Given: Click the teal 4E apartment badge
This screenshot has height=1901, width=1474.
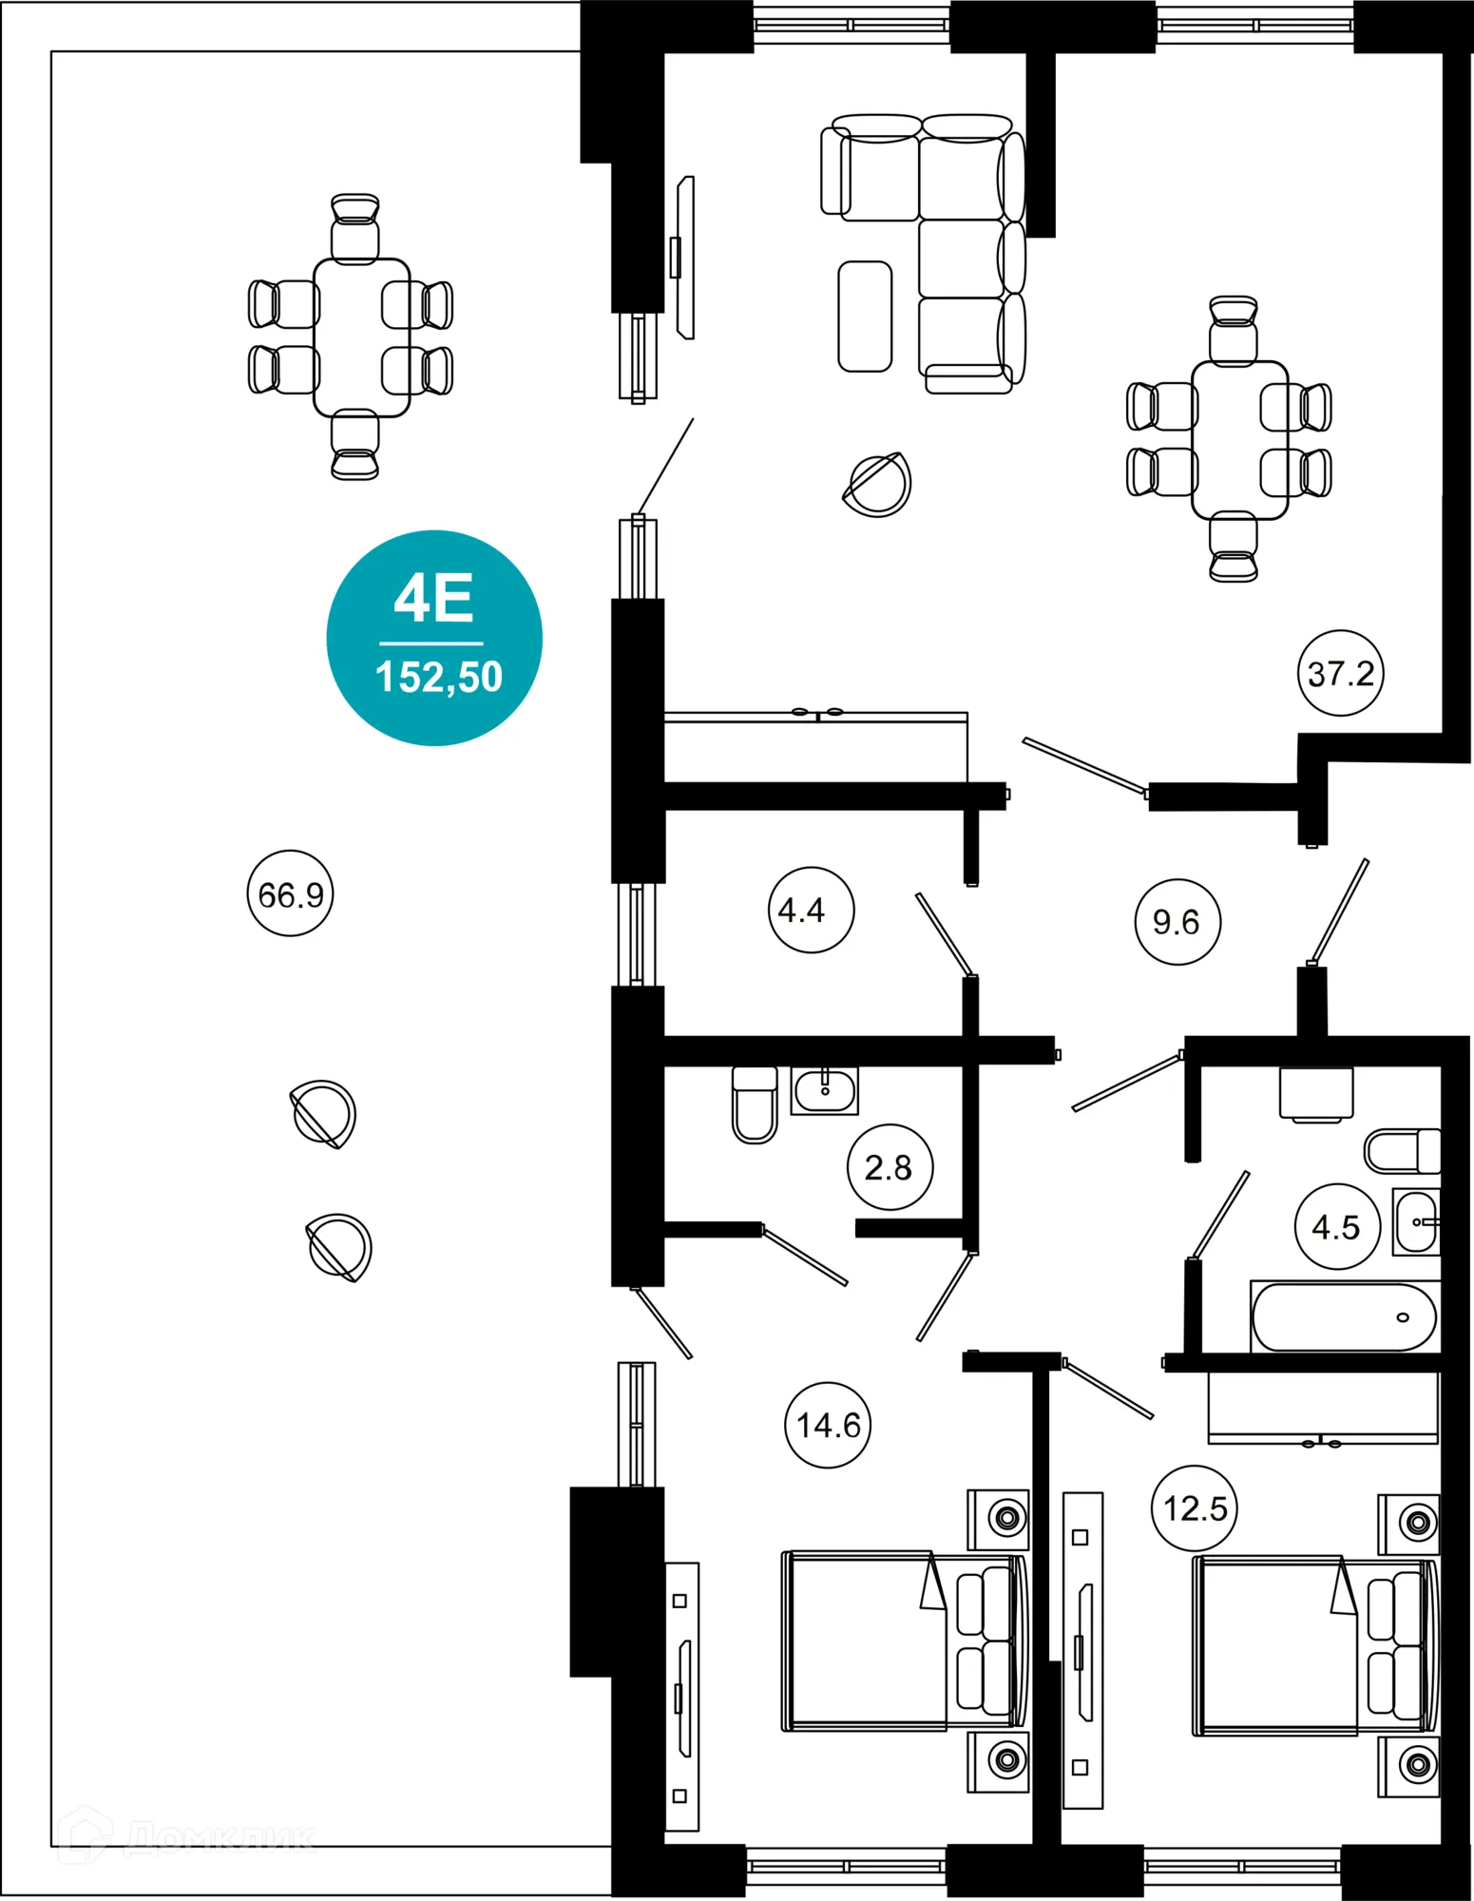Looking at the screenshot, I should pyautogui.click(x=434, y=638).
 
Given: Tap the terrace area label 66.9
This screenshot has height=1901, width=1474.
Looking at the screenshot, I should pyautogui.click(x=290, y=893).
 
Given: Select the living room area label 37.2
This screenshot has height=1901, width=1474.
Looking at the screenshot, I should pyautogui.click(x=1340, y=673).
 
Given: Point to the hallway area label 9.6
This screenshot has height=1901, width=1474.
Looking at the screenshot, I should pyautogui.click(x=1177, y=921).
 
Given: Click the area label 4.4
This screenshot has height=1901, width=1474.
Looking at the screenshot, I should pyautogui.click(x=810, y=910).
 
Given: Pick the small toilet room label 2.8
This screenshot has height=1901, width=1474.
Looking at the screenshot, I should pyautogui.click(x=890, y=1167).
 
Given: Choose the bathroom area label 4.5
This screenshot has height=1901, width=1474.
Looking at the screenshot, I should pyautogui.click(x=1336, y=1227).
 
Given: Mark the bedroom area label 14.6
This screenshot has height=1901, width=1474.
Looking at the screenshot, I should pyautogui.click(x=828, y=1425).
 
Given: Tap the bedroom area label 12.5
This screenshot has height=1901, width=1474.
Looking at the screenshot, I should pyautogui.click(x=1194, y=1508).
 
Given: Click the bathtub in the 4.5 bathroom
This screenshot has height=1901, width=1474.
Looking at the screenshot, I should pyautogui.click(x=1344, y=1317).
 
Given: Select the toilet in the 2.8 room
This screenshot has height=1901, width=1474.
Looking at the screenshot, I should pyautogui.click(x=755, y=1104).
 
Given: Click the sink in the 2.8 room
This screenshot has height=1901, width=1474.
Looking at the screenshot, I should pyautogui.click(x=824, y=1090).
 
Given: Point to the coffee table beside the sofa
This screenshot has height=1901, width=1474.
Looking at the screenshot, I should pyautogui.click(x=865, y=317).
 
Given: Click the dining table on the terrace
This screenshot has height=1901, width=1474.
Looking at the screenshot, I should pyautogui.click(x=361, y=337).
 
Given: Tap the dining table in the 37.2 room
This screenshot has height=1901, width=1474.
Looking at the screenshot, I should pyautogui.click(x=1239, y=439).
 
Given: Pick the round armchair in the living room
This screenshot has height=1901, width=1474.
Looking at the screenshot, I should pyautogui.click(x=878, y=485).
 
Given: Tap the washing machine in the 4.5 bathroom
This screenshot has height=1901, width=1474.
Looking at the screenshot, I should pyautogui.click(x=1315, y=1094).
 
